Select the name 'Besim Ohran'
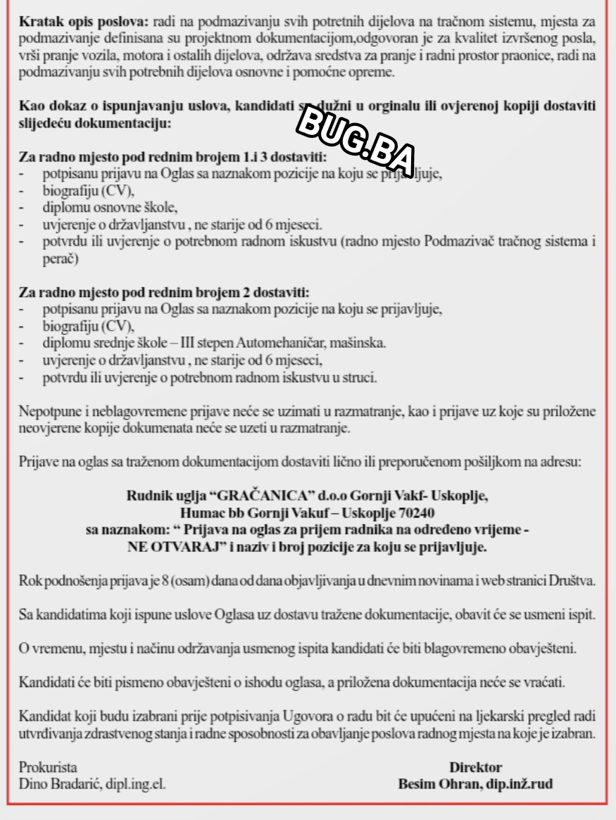click(434, 783)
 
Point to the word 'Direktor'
click(475, 767)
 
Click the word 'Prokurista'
click(48, 767)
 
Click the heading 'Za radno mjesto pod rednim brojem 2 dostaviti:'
click(164, 292)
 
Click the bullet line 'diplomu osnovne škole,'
click(110, 208)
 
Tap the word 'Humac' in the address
click(201, 512)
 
